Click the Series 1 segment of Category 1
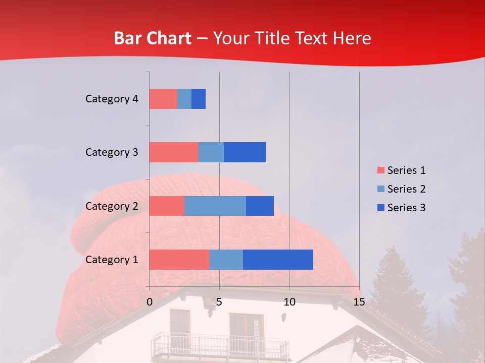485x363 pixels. point(179,260)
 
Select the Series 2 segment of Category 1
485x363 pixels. point(226,260)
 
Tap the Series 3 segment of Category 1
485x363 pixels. point(278,260)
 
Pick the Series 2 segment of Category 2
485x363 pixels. point(215,206)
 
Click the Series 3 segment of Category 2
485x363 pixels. point(260,206)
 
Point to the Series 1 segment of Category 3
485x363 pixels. point(174,152)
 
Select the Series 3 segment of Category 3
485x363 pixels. point(245,152)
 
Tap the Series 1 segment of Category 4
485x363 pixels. point(163,99)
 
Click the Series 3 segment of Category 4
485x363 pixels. point(199,99)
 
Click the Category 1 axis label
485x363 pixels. point(112,260)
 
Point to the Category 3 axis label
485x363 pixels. point(112,152)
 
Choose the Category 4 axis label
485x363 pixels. point(112,99)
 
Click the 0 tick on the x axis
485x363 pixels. point(150,302)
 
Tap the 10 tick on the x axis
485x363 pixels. point(289,302)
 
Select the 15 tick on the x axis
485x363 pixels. point(359,302)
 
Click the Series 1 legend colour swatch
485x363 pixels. point(380,170)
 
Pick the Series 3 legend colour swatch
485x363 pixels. point(380,208)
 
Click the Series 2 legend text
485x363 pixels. point(406,189)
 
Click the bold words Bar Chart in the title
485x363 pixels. point(153,38)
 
